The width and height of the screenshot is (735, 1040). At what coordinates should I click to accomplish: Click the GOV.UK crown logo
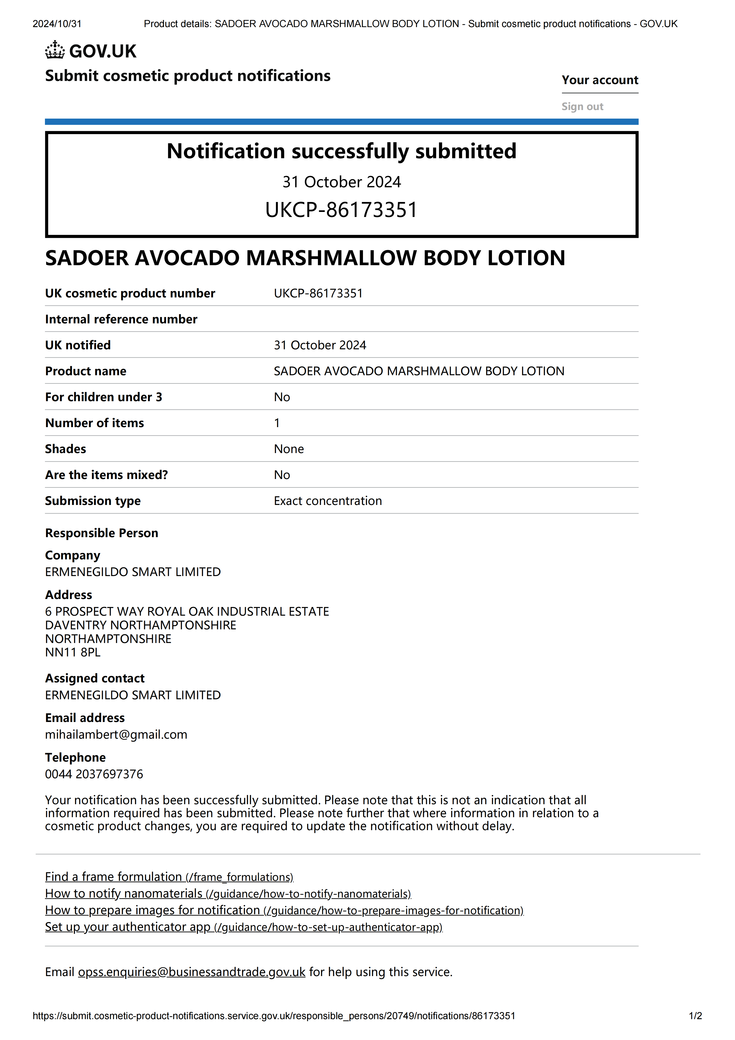55,50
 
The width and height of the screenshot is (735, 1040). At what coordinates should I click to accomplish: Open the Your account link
599,80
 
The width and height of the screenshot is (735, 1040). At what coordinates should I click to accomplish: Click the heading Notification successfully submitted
341,151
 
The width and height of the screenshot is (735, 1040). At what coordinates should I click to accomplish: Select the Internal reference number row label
121,319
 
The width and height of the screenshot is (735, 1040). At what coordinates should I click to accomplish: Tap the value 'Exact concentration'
327,501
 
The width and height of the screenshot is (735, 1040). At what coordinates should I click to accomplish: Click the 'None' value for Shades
288,449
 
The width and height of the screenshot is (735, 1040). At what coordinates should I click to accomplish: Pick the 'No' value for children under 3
282,397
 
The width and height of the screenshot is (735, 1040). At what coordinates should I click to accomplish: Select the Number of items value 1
277,423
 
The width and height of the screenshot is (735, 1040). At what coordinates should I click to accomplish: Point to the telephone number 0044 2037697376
94,774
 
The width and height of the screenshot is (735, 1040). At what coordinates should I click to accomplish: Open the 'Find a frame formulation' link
169,877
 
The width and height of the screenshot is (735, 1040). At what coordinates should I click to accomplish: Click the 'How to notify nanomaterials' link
228,894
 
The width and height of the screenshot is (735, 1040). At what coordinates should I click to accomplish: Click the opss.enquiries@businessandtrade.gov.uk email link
192,972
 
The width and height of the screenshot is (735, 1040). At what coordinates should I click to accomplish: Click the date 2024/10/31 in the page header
57,24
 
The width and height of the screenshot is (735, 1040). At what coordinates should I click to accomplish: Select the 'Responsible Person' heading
101,533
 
